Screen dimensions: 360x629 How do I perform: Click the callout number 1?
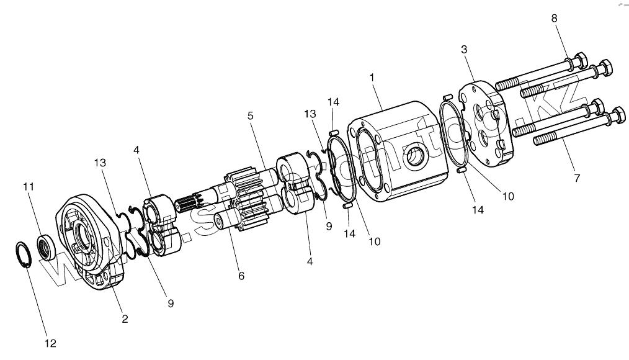coord(372,78)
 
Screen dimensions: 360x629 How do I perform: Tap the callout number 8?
coord(555,18)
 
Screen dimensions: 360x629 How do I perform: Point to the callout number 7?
coord(577,178)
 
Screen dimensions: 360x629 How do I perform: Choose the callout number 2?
coord(125,319)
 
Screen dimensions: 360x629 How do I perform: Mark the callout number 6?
coord(241,274)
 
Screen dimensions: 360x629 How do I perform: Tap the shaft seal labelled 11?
coord(47,246)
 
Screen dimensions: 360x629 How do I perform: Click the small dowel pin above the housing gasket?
coord(332,131)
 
